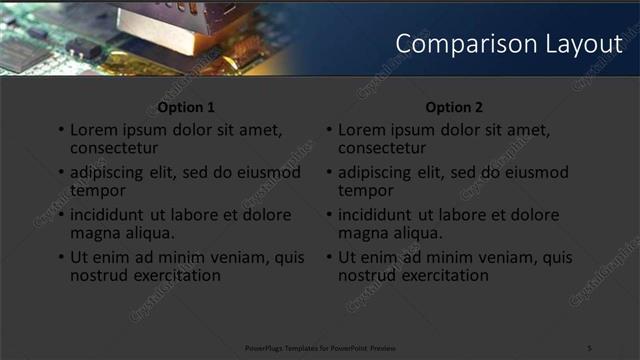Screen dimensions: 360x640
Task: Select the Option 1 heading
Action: tap(186, 107)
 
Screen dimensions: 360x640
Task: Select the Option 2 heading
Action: tap(454, 107)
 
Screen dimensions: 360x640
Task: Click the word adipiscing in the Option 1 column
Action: tap(109, 173)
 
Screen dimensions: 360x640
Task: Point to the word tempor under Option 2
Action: tap(366, 190)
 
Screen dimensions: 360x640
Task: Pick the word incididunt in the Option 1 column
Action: tap(111, 215)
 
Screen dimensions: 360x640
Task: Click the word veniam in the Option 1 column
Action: tap(233, 257)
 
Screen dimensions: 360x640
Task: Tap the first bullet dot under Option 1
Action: tap(61, 131)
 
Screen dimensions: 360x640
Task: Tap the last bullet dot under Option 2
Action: tap(329, 257)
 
